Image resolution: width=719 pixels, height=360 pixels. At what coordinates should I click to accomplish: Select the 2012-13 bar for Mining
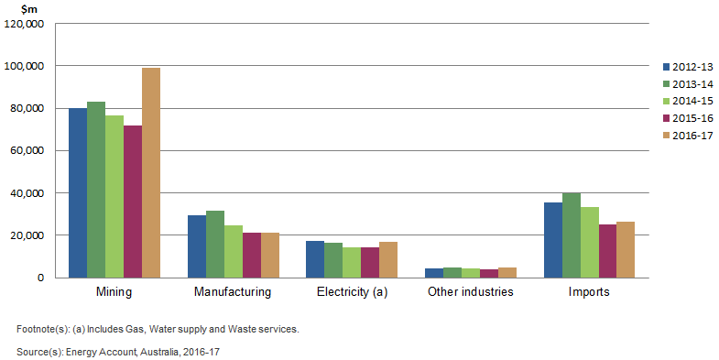pos(78,192)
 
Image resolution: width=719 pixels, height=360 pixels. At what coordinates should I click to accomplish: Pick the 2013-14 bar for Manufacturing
pos(215,244)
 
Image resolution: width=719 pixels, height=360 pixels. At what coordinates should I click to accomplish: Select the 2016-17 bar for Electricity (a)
pos(387,259)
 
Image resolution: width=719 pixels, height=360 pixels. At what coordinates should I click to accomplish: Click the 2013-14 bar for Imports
pos(571,235)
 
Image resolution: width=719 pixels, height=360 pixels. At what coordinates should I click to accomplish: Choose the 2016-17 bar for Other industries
pos(507,272)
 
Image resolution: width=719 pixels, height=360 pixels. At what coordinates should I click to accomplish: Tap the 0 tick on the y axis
pos(40,278)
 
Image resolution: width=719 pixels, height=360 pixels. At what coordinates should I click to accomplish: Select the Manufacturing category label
pos(233,293)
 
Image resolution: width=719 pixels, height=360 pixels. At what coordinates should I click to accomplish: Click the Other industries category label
pos(471,293)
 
